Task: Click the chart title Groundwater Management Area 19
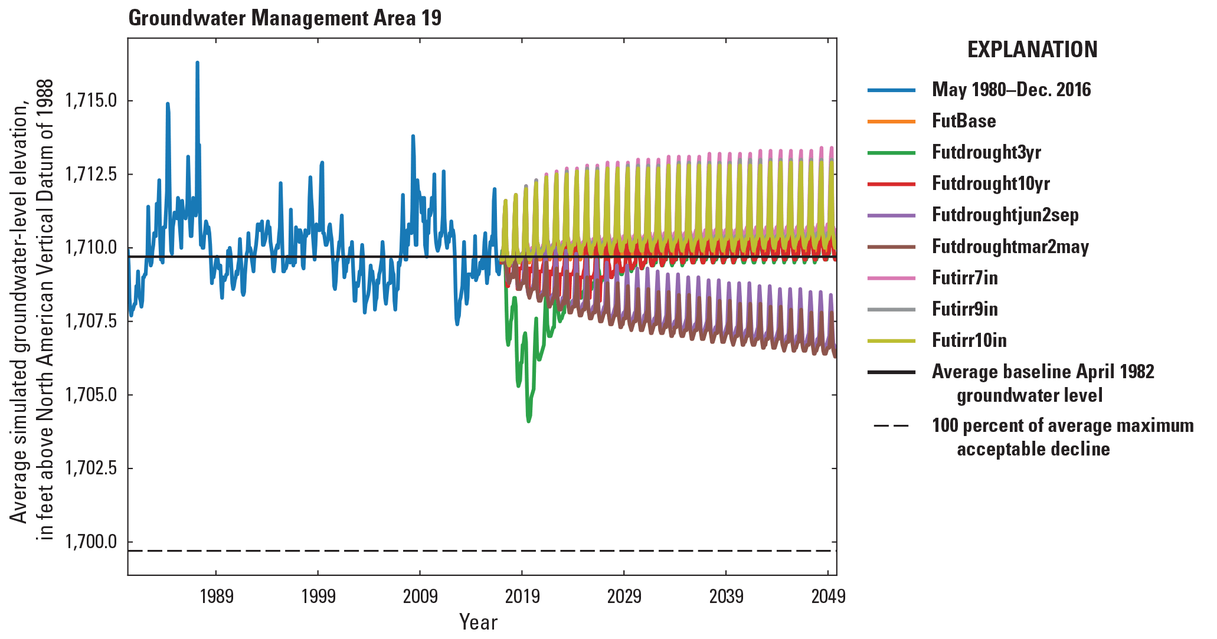coord(284,18)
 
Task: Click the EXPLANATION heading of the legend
coord(1032,49)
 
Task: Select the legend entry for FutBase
coord(963,121)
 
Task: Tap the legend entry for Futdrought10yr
coord(990,183)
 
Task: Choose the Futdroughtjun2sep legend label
coord(1005,215)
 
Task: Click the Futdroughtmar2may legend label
coord(1010,247)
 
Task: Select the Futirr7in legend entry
coord(964,278)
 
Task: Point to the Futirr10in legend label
coord(969,340)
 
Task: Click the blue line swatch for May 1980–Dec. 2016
coord(891,90)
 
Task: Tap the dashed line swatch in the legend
coord(891,426)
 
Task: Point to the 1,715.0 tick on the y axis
coord(91,100)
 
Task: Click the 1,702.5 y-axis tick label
coord(91,468)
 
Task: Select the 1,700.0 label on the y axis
coord(91,542)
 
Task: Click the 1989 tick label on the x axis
coord(216,597)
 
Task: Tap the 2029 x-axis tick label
coord(624,597)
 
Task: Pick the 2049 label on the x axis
coord(828,597)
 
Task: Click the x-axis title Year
coord(478,622)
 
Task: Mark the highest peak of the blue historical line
coord(197,63)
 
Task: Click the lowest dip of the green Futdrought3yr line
coord(528,421)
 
